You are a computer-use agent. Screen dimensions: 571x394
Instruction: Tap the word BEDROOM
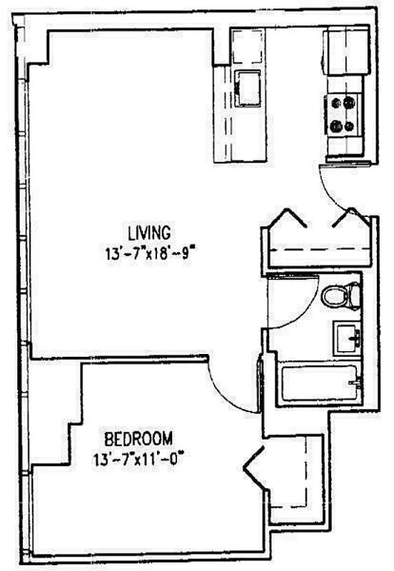(x=138, y=438)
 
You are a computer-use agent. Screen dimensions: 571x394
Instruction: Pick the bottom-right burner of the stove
(x=350, y=126)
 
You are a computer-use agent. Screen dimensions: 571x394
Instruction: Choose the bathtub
(x=318, y=384)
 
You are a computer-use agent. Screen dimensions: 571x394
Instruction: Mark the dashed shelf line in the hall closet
(x=317, y=250)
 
